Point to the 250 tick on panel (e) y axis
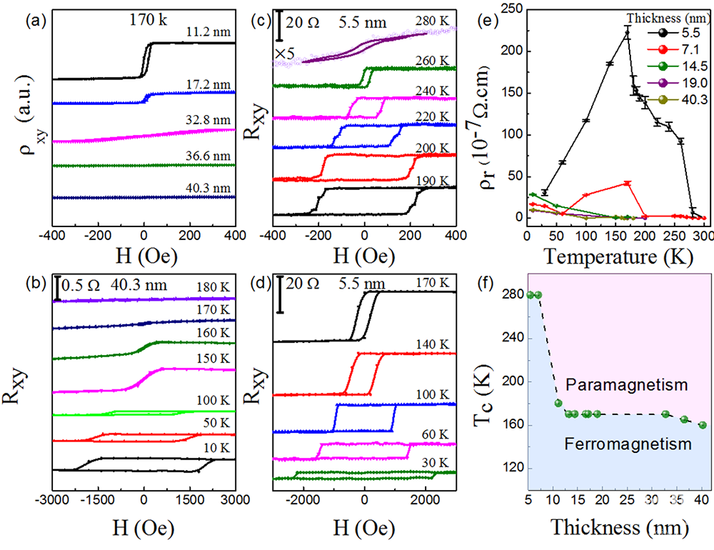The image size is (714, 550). click(513, 10)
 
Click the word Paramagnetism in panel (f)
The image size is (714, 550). click(626, 385)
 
